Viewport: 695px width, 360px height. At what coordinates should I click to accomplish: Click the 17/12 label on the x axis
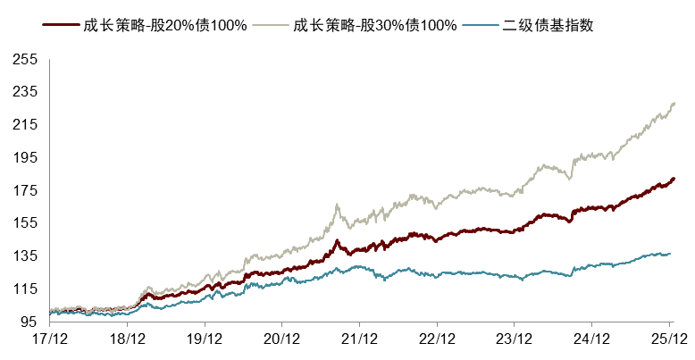[x=50, y=339]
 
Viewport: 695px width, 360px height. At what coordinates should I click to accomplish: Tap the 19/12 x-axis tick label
[x=205, y=339]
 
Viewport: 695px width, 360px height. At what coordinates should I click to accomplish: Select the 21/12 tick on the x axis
[x=359, y=339]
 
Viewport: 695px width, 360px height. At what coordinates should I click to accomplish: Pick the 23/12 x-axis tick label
[x=514, y=339]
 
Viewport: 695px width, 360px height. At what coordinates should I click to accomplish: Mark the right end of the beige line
[x=674, y=104]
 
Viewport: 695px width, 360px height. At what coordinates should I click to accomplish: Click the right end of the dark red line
[x=674, y=179]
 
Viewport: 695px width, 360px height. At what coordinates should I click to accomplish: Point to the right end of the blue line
[x=670, y=254]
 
